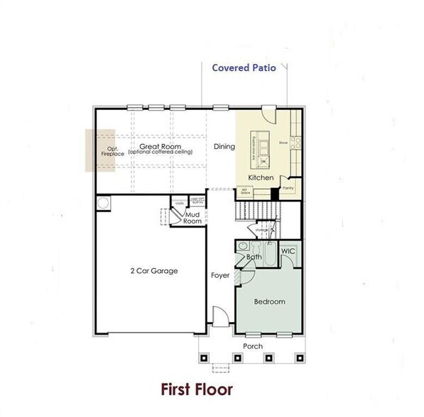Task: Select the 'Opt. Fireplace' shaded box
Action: click(x=100, y=150)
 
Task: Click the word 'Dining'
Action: click(x=224, y=147)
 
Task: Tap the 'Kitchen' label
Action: click(x=261, y=176)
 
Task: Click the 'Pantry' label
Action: click(x=288, y=188)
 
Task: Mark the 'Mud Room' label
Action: click(x=192, y=217)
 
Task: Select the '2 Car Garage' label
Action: click(x=153, y=270)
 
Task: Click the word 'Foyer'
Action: click(x=220, y=274)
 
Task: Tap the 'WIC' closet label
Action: click(x=288, y=252)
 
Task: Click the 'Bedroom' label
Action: click(x=270, y=301)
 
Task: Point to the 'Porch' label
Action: click(x=253, y=346)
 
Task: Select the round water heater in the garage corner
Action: click(x=105, y=204)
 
